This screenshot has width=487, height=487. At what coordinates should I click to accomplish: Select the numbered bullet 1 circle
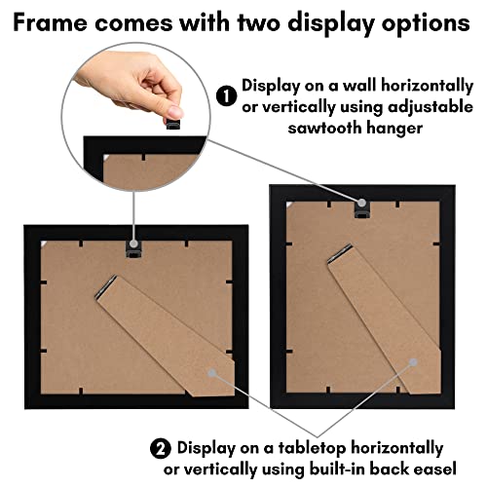pos(226,96)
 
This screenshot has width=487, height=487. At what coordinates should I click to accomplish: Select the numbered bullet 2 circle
pos(159,448)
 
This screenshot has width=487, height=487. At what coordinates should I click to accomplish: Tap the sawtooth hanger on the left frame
pos(133,249)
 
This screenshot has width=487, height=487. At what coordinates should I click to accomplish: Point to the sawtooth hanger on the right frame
pos(360,203)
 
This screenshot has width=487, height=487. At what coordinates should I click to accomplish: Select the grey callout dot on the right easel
pos(413,361)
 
